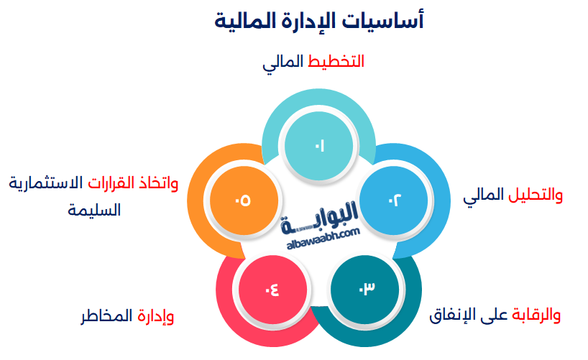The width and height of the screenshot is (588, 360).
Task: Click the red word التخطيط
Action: click(x=336, y=62)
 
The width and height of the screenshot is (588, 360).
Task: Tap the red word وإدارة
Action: click(x=155, y=315)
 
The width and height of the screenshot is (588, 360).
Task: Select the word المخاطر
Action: click(x=105, y=315)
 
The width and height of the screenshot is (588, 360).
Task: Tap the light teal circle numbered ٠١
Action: click(x=319, y=147)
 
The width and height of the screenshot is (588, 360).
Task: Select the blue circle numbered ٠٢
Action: click(x=394, y=200)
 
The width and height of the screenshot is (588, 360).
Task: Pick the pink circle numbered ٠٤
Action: click(x=272, y=290)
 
